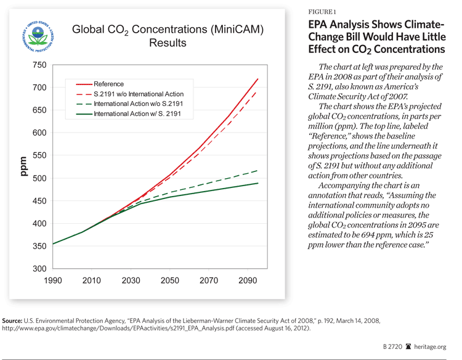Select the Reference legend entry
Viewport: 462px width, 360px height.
point(108,84)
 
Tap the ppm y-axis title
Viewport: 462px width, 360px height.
point(22,166)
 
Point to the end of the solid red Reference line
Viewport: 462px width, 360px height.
point(257,79)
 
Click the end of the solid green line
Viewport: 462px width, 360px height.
point(257,183)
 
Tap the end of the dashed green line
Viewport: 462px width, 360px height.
point(257,170)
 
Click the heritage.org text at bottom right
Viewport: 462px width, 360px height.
point(431,348)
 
